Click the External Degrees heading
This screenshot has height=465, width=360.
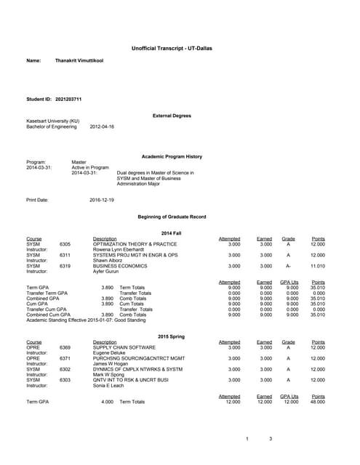(172, 116)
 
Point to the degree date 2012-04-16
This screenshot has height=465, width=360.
(102, 126)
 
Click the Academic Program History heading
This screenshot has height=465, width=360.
(171, 156)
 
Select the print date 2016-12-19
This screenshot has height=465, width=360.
(102, 199)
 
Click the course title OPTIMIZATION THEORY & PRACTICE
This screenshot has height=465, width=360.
(135, 244)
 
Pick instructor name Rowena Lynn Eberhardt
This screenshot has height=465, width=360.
(120, 249)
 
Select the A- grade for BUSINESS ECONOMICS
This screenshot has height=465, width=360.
(288, 266)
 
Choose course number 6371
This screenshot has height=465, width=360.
(65, 358)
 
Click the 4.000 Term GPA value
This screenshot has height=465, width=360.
(107, 402)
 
